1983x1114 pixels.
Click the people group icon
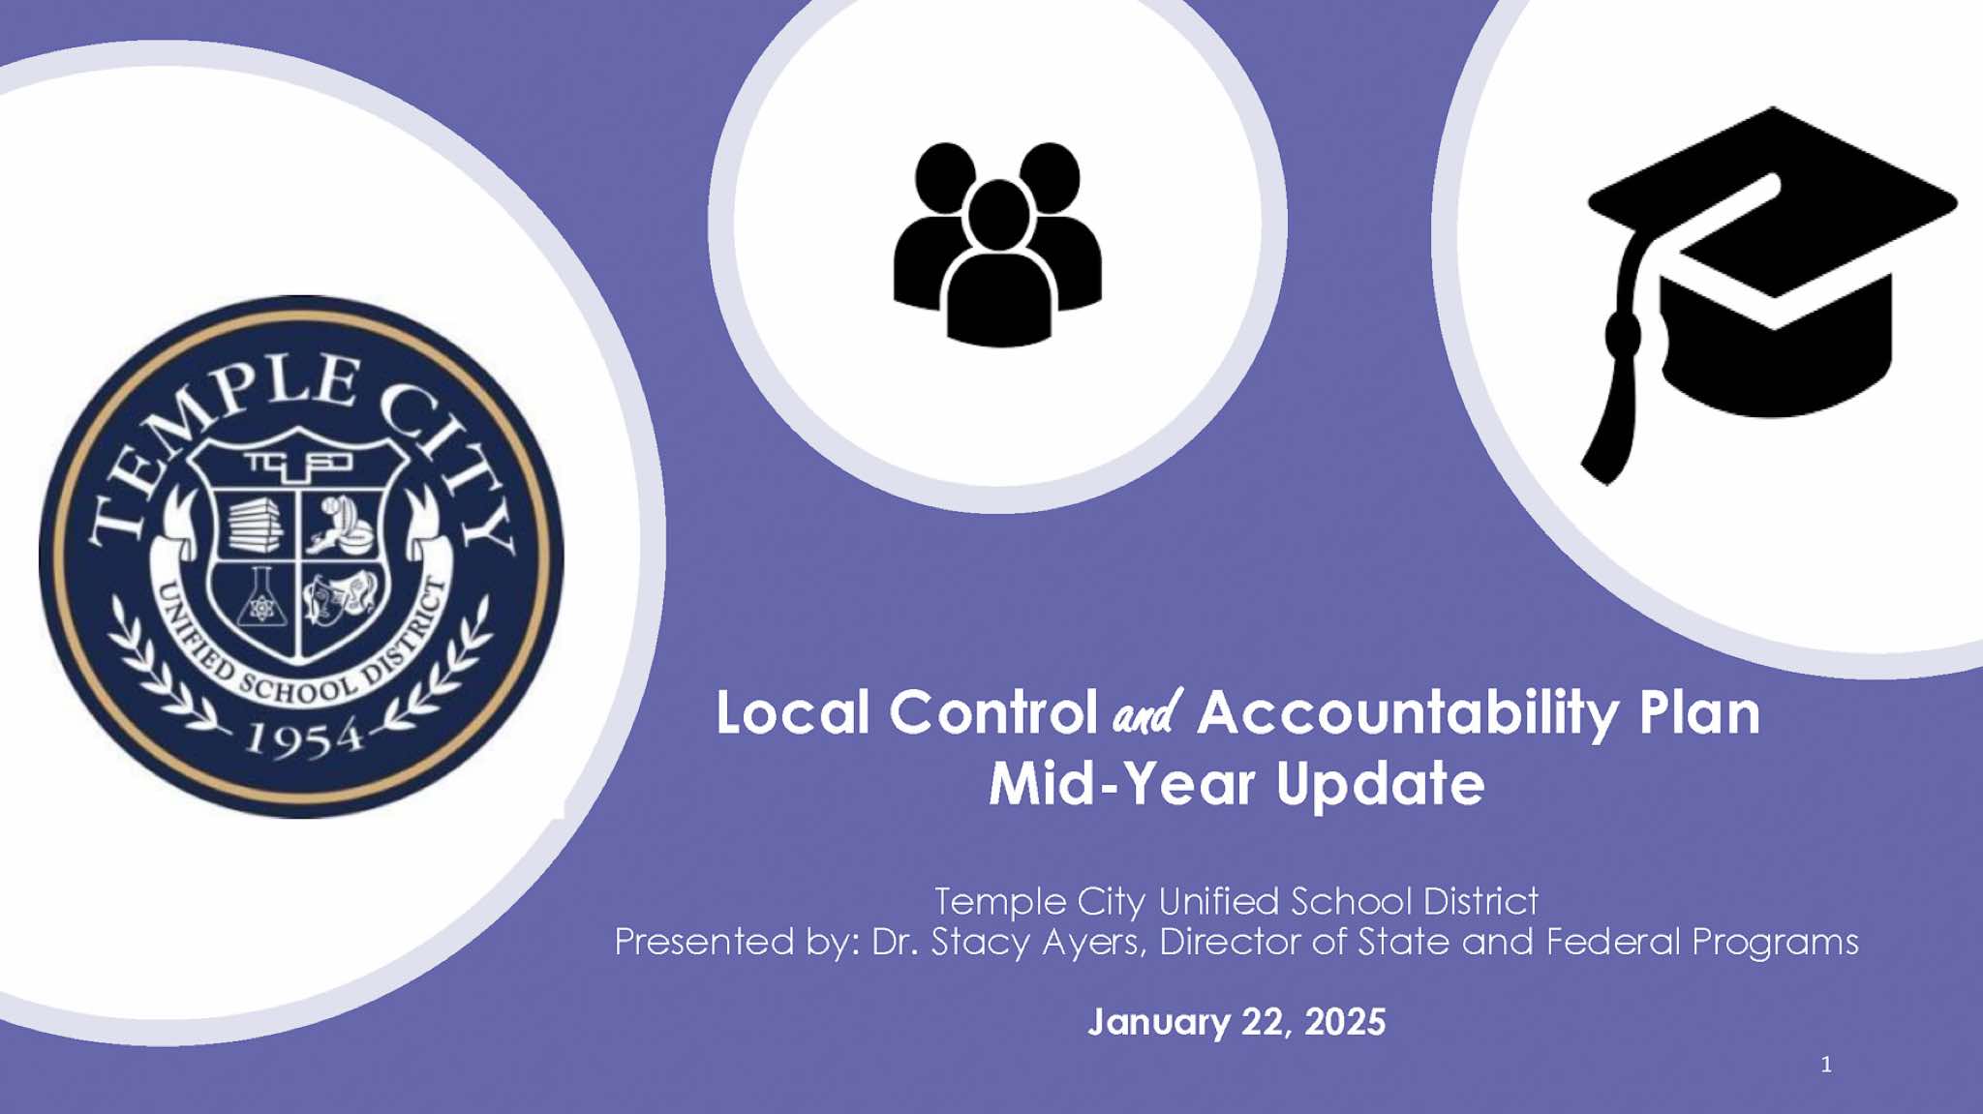click(997, 244)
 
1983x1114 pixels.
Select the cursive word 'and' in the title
click(1147, 713)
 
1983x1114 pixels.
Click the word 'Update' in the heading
click(1380, 785)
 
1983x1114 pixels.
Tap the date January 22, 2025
click(1236, 1022)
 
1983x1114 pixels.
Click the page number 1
click(1826, 1065)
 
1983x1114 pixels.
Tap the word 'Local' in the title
click(793, 713)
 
